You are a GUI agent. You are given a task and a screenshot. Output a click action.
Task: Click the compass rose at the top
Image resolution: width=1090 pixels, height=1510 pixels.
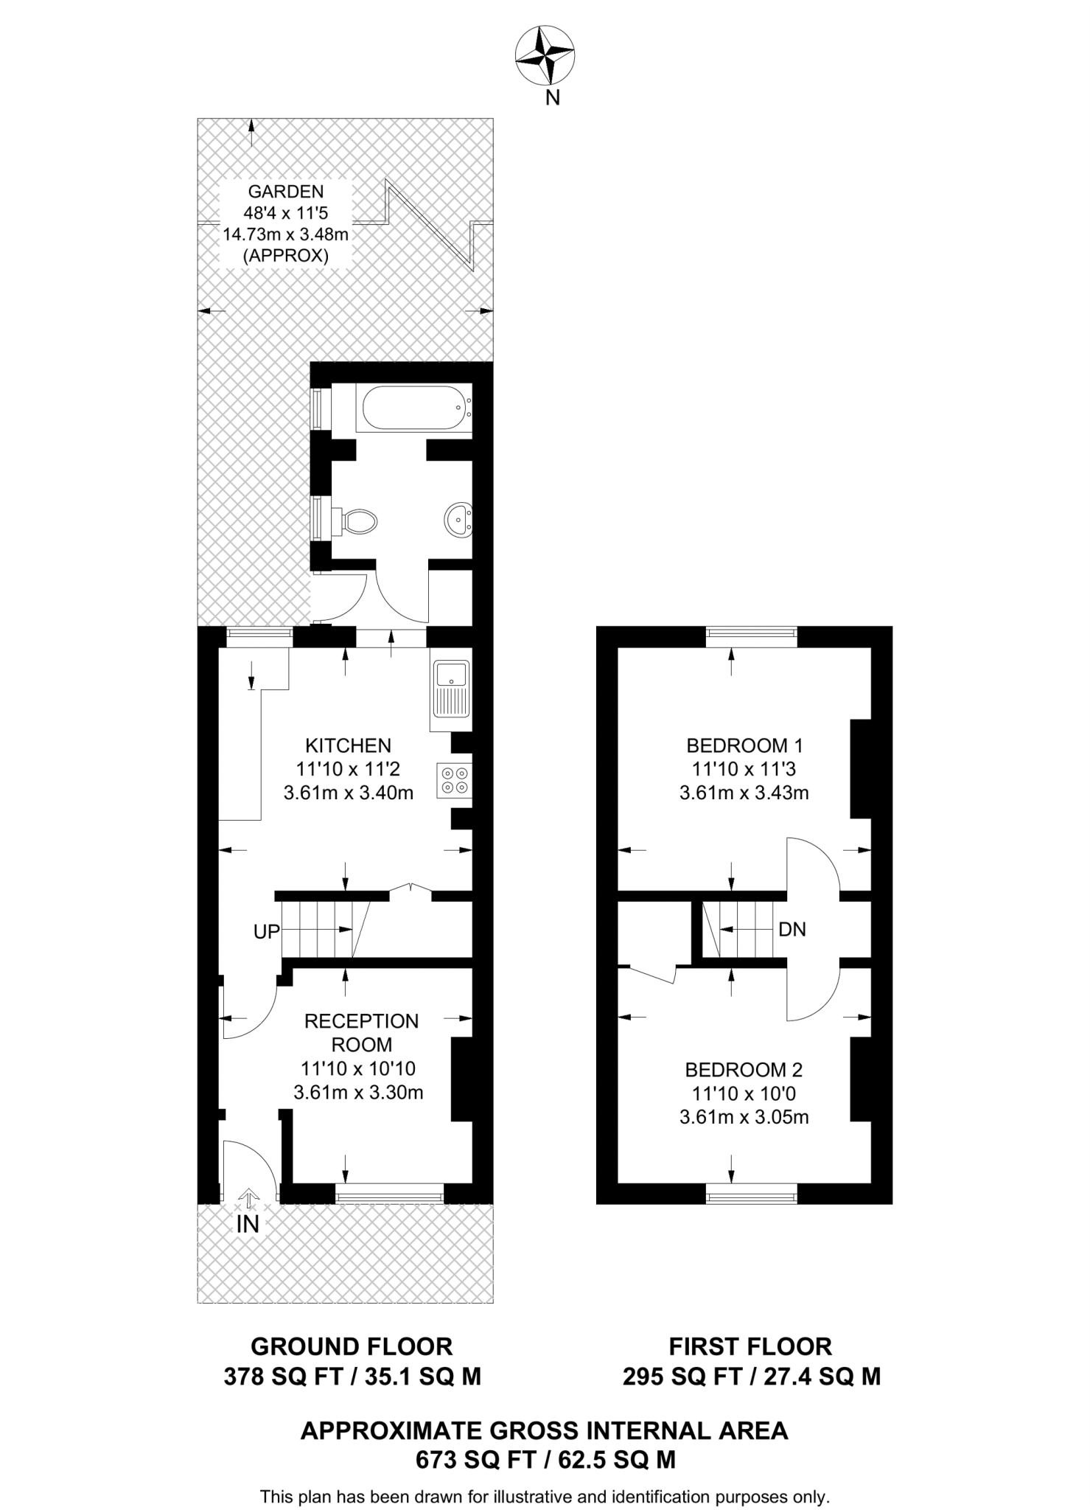(x=545, y=55)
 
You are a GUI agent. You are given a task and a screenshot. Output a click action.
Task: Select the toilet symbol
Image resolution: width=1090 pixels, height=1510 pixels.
(x=358, y=521)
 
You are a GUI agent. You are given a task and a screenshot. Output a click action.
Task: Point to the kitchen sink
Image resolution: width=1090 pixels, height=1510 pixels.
(x=450, y=688)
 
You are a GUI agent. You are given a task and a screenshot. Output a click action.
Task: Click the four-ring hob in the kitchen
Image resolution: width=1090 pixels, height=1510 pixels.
(x=453, y=781)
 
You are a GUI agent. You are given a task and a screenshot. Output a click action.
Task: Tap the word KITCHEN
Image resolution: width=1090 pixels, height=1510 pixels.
(x=348, y=745)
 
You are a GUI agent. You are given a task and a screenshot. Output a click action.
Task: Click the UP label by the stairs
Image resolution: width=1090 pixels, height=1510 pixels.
(x=267, y=932)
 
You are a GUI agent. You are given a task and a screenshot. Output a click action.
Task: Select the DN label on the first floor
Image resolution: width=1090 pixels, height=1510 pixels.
(x=792, y=930)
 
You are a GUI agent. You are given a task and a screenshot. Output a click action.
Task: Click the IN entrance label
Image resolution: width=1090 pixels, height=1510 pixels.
(x=248, y=1225)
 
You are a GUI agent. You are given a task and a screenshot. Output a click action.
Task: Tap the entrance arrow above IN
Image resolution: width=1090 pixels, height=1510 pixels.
(x=249, y=1197)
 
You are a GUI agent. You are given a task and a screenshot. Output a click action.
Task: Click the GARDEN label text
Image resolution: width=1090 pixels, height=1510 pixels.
(x=286, y=192)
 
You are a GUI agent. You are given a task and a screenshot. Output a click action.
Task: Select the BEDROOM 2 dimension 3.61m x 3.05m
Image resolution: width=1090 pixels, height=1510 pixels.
(x=744, y=1117)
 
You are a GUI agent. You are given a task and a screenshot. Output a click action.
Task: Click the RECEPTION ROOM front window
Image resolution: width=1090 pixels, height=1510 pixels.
(x=389, y=1194)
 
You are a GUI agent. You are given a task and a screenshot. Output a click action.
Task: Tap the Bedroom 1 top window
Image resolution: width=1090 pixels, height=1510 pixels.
(x=752, y=632)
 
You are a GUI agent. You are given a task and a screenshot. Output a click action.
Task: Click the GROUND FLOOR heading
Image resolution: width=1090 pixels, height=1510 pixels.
(x=352, y=1346)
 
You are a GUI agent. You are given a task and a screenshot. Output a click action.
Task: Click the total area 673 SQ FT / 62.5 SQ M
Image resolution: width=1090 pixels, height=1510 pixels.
(x=545, y=1459)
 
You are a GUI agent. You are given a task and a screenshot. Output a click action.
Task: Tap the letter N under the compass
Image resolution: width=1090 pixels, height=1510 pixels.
(x=552, y=97)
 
